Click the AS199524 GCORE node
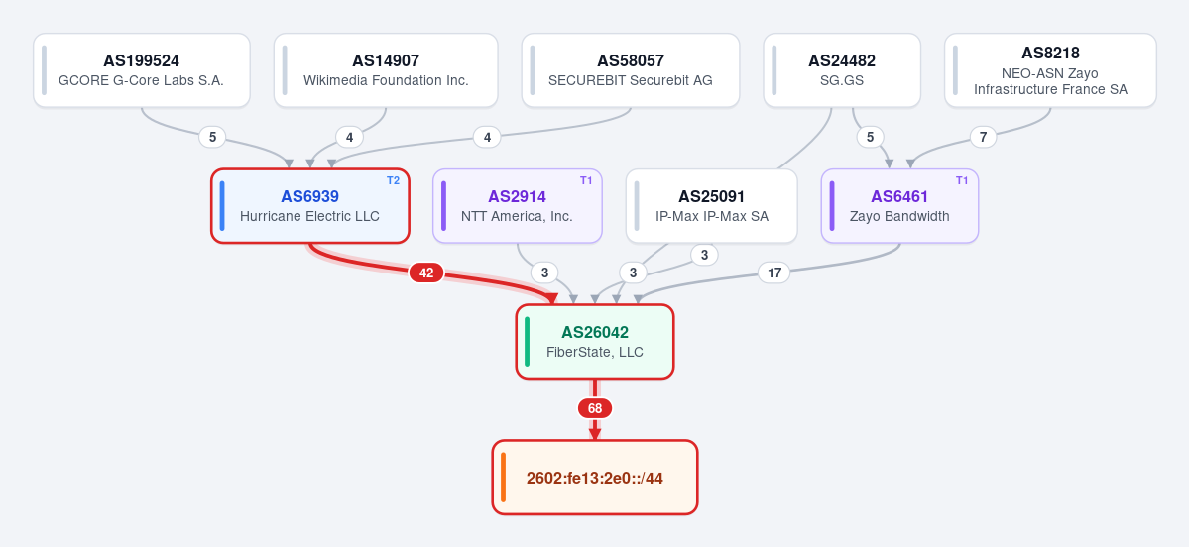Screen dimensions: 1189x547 coord(142,69)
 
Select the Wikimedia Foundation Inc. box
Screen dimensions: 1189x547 coord(386,69)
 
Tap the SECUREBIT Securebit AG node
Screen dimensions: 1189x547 coord(631,69)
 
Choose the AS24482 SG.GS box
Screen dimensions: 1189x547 coord(842,69)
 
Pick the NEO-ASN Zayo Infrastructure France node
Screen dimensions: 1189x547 coord(1050,69)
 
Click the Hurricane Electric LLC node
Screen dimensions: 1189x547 coord(310,206)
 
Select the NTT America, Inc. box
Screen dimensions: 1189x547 coord(518,206)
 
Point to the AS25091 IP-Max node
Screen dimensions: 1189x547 coord(711,206)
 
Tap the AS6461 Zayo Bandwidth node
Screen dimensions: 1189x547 coord(899,206)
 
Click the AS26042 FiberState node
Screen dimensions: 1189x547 coord(595,342)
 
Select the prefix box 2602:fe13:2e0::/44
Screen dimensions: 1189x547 coord(595,478)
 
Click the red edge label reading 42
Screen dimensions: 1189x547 coord(426,273)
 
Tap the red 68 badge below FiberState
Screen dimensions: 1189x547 coord(595,408)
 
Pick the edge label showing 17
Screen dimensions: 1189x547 coord(774,273)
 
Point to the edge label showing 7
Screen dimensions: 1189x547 coord(984,137)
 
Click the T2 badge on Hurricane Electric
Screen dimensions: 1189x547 coord(393,180)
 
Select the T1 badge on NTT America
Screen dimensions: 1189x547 coord(586,180)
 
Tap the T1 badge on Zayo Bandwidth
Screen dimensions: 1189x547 coord(962,180)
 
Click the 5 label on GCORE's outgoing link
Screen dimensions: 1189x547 coord(212,137)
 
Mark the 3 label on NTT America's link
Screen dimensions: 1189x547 coord(544,273)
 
